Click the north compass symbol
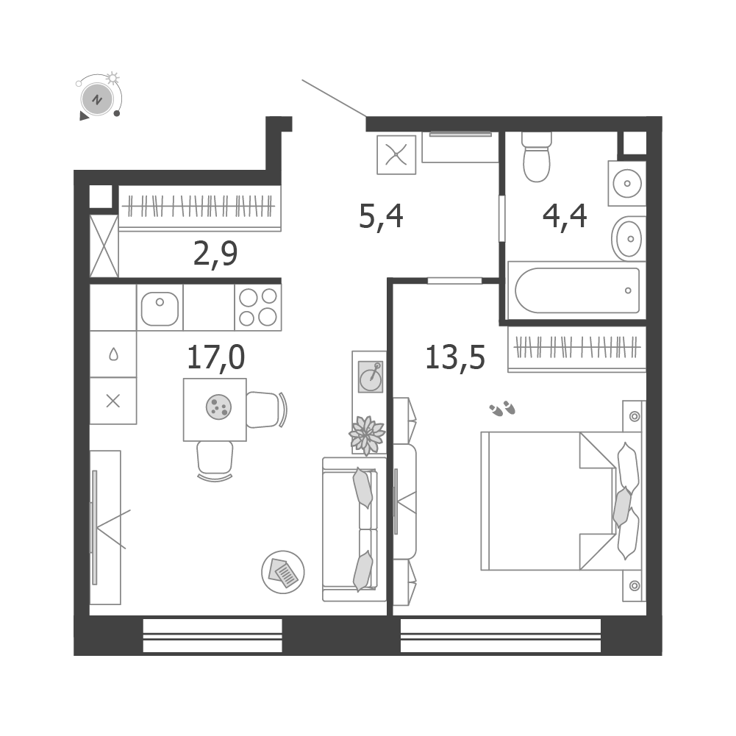click(x=97, y=99)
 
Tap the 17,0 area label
click(x=216, y=357)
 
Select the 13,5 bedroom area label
click(x=455, y=357)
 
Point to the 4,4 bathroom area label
click(x=565, y=217)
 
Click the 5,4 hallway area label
click(x=381, y=217)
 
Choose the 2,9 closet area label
click(x=215, y=254)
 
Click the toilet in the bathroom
click(x=537, y=157)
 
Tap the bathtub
click(x=577, y=290)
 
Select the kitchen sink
click(x=160, y=307)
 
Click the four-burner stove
click(x=257, y=307)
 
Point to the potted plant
click(x=367, y=435)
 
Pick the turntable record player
click(x=371, y=376)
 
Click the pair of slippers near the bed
click(x=502, y=408)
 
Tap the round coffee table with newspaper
click(x=283, y=572)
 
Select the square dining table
click(x=215, y=410)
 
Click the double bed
click(x=561, y=501)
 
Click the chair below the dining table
click(x=215, y=461)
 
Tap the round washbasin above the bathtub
click(x=629, y=239)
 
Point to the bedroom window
click(x=501, y=635)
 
